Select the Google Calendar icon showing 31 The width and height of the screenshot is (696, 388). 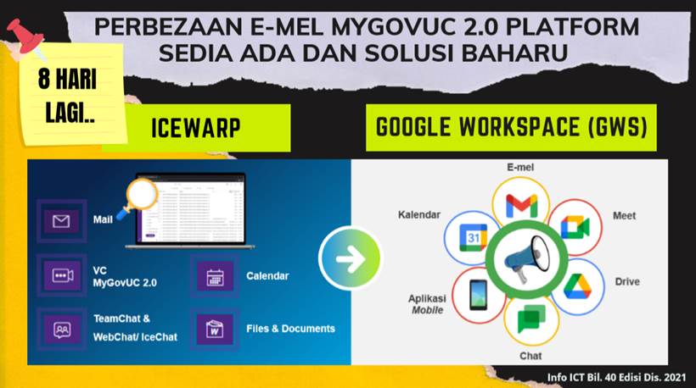(473, 237)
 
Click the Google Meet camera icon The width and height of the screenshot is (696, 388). (575, 228)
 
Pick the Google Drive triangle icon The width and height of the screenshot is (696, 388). (577, 286)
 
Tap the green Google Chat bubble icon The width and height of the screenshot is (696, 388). (530, 319)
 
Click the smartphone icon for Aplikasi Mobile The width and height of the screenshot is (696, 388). (478, 295)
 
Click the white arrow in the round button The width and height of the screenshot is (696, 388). (351, 258)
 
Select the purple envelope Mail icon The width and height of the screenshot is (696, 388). (61, 221)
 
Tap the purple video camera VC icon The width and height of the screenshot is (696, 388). (62, 275)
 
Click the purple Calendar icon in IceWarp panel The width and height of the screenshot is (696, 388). (215, 276)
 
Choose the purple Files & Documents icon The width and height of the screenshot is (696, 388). (215, 329)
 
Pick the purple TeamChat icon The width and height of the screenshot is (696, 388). (62, 329)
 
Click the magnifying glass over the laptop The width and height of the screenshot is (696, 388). (138, 198)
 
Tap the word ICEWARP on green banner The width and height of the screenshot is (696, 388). (196, 129)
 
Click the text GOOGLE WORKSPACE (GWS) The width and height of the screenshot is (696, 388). (511, 127)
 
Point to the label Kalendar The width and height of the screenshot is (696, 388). (419, 215)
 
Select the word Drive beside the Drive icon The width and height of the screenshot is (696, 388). (627, 282)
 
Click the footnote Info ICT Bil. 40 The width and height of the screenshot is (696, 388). (616, 377)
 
